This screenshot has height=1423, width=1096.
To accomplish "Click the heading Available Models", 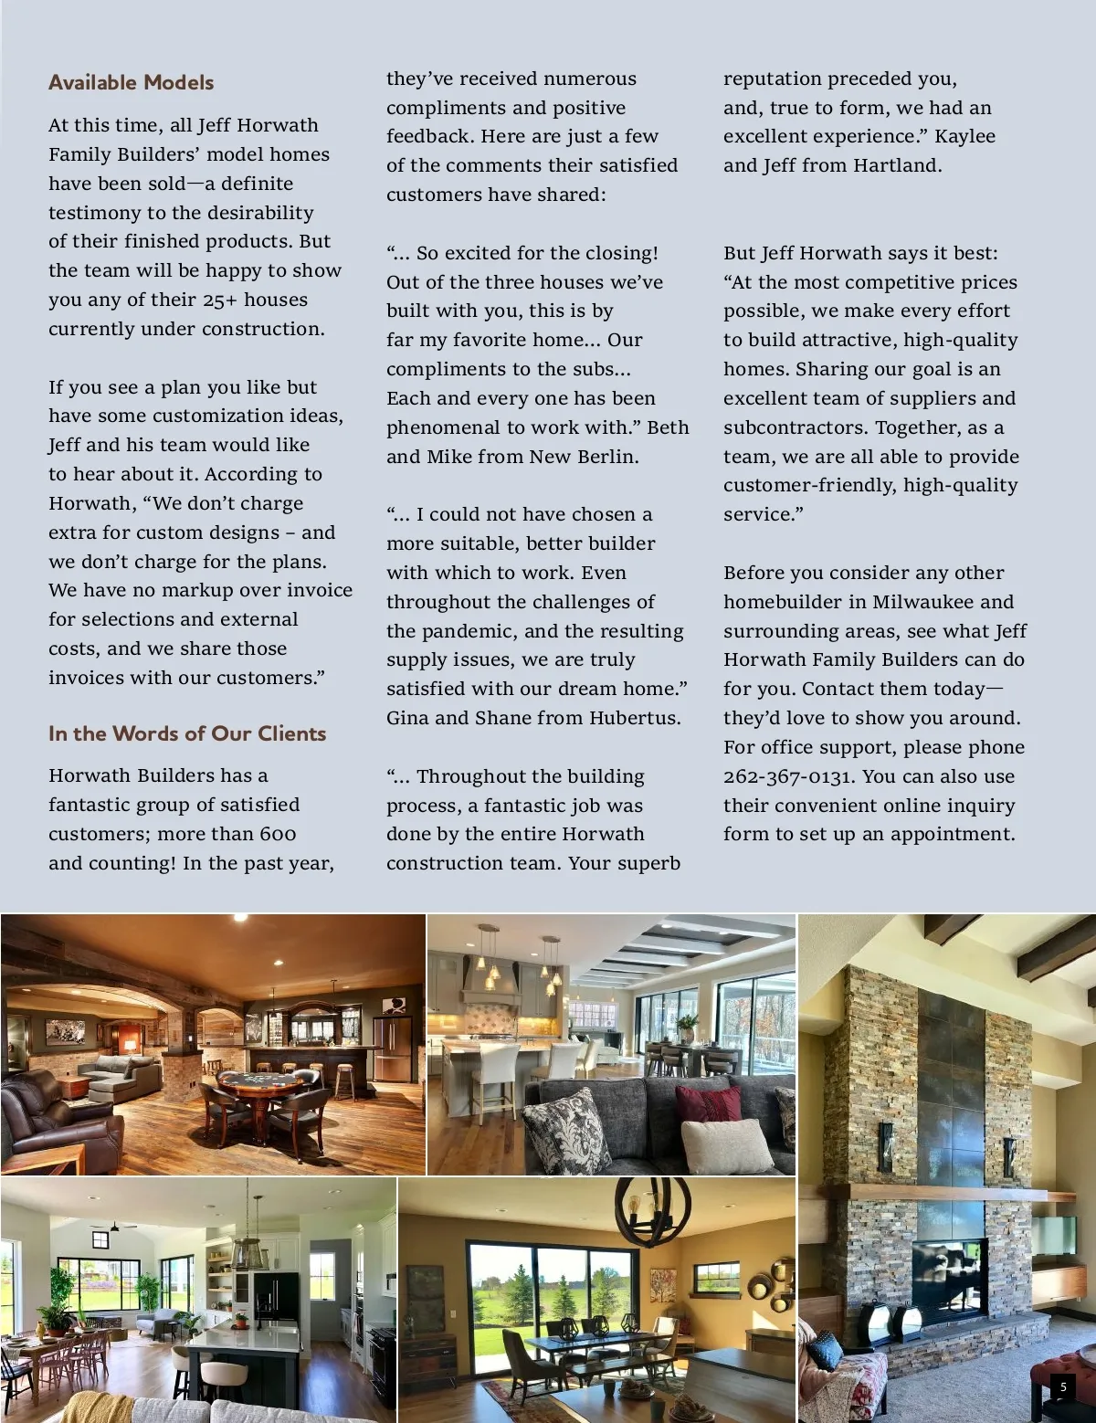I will click(131, 82).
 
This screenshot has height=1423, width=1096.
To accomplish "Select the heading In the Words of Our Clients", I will click(187, 733).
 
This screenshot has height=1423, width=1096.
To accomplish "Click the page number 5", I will click(1062, 1387).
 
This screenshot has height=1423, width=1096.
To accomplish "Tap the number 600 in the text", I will click(278, 834).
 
